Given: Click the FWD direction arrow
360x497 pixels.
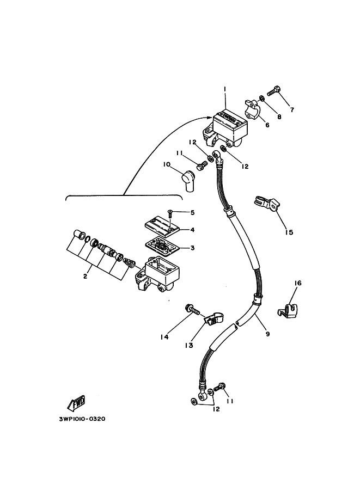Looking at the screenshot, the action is [x=77, y=403].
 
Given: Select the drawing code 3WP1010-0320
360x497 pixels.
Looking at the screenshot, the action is [x=82, y=419].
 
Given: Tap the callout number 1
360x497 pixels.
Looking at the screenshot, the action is [x=224, y=89].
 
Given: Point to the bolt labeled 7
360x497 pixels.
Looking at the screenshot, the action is [x=274, y=91].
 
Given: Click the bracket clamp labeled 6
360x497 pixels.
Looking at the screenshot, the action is [x=253, y=109].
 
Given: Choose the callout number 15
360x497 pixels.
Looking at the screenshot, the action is [x=289, y=232].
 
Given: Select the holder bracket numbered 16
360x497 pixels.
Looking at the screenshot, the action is [x=288, y=309].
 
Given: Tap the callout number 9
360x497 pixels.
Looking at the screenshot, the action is [x=268, y=334].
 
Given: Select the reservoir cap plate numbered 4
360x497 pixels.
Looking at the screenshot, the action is [x=162, y=227].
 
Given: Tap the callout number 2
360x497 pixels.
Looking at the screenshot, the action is [x=86, y=277].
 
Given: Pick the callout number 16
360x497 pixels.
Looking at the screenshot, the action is [x=298, y=283].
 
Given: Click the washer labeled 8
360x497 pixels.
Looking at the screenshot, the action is [x=262, y=98].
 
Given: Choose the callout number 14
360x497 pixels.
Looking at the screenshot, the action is [x=164, y=338].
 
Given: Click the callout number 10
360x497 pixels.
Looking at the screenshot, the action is [x=167, y=164].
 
